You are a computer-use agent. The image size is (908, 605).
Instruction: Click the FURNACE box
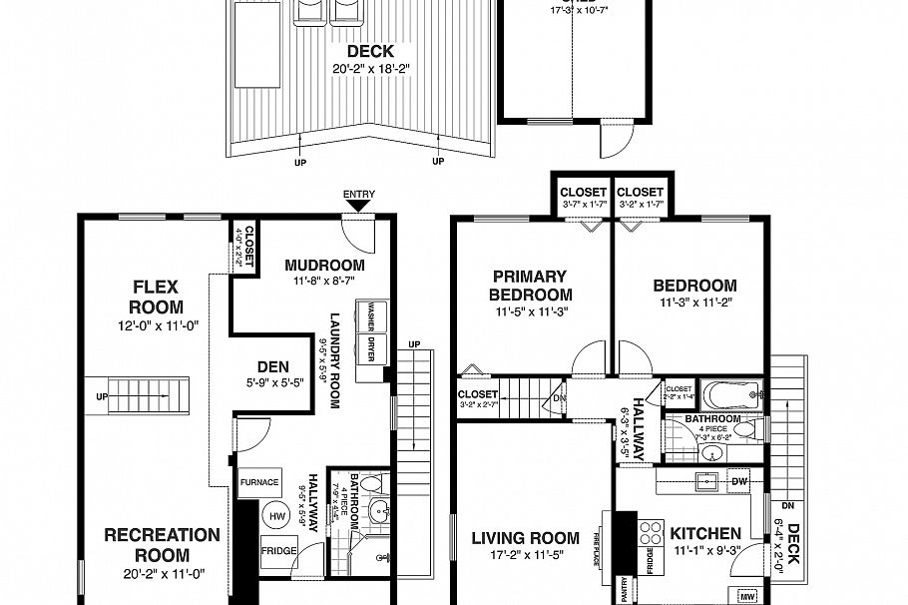pyautogui.click(x=259, y=482)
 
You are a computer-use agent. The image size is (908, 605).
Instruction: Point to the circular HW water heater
pyautogui.click(x=276, y=515)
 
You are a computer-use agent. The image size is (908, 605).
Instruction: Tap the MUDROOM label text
pyautogui.click(x=324, y=266)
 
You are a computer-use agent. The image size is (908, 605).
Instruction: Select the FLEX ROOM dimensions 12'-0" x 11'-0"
pyautogui.click(x=157, y=325)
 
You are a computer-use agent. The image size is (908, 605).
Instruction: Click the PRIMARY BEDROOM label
pyautogui.click(x=530, y=285)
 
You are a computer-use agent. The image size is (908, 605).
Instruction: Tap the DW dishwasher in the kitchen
pyautogui.click(x=739, y=481)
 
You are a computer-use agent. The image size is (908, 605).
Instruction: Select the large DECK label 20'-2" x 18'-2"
pyautogui.click(x=368, y=60)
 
